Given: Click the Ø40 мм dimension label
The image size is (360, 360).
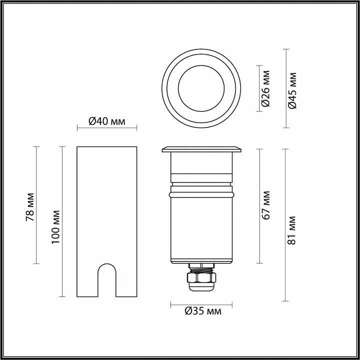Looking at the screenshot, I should pyautogui.click(x=106, y=120).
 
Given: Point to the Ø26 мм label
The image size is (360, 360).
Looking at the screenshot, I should pyautogui.click(x=266, y=90).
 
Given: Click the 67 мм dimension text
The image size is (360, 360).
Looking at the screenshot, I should pyautogui.click(x=266, y=204).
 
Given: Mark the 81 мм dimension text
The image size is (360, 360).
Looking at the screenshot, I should pyautogui.click(x=293, y=229).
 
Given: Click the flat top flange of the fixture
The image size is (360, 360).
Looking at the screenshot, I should pyautogui.click(x=201, y=149).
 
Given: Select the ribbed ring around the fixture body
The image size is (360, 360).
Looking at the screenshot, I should pyautogui.click(x=201, y=192).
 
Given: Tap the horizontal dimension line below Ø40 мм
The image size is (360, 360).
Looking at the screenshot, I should pyautogui.click(x=106, y=128).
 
